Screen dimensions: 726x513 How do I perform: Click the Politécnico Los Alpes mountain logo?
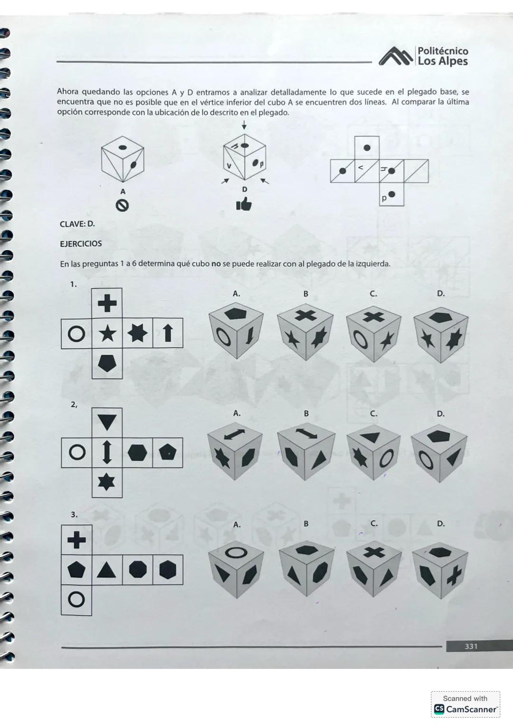[396, 57]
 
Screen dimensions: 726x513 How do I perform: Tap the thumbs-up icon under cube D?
[244, 204]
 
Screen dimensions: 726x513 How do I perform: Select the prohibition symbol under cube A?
[123, 205]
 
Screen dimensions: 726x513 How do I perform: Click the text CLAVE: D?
[77, 224]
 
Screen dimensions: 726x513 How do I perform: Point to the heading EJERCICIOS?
[81, 244]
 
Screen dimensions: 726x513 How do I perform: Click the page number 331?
[471, 646]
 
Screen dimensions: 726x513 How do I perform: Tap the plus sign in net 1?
[107, 303]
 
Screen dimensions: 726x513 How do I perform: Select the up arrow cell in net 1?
[167, 334]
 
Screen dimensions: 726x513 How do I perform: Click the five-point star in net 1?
[107, 334]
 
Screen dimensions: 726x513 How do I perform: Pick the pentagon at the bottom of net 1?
[107, 363]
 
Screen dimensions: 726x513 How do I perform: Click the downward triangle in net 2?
[107, 422]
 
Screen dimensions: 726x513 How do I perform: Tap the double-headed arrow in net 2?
[107, 452]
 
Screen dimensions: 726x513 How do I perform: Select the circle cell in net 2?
[76, 452]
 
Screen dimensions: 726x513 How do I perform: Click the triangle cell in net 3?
[107, 569]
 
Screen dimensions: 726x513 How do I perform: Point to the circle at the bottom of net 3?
[76, 600]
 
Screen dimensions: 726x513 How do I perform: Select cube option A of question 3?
[236, 568]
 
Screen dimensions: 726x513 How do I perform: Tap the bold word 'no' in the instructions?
[216, 264]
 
